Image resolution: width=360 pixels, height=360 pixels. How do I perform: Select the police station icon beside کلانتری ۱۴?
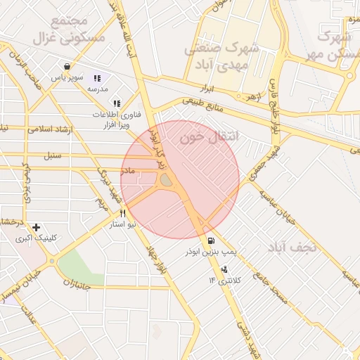pos(224,269)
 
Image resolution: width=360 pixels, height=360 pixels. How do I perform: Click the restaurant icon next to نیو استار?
pos(122,213)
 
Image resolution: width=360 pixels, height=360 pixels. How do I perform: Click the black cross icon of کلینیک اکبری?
pos(36,227)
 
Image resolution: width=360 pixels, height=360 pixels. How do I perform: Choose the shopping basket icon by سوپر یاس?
pos(66,67)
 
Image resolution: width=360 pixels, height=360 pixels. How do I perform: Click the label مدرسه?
pos(96,91)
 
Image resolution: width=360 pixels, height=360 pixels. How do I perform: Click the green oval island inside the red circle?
pos(166,181)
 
